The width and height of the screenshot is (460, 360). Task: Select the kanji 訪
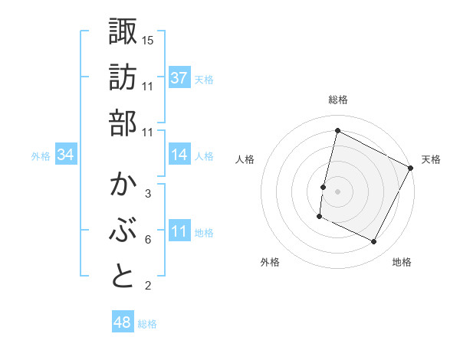123,77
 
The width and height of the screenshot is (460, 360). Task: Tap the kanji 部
123,123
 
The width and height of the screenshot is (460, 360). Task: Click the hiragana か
123,185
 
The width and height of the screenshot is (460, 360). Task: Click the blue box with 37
179,78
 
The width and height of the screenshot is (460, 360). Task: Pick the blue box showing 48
123,322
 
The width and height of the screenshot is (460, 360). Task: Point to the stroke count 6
147,240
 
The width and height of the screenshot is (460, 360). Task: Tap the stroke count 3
147,194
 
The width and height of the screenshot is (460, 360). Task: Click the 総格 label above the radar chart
338,100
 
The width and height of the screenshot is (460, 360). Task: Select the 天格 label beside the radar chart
431,159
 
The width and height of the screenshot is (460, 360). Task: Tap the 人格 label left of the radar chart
245,159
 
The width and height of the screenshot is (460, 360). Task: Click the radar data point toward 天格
411,168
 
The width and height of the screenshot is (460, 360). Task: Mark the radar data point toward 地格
374,242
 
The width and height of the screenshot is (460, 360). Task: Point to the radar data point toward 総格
337,130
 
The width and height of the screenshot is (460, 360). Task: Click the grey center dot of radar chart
337,190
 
